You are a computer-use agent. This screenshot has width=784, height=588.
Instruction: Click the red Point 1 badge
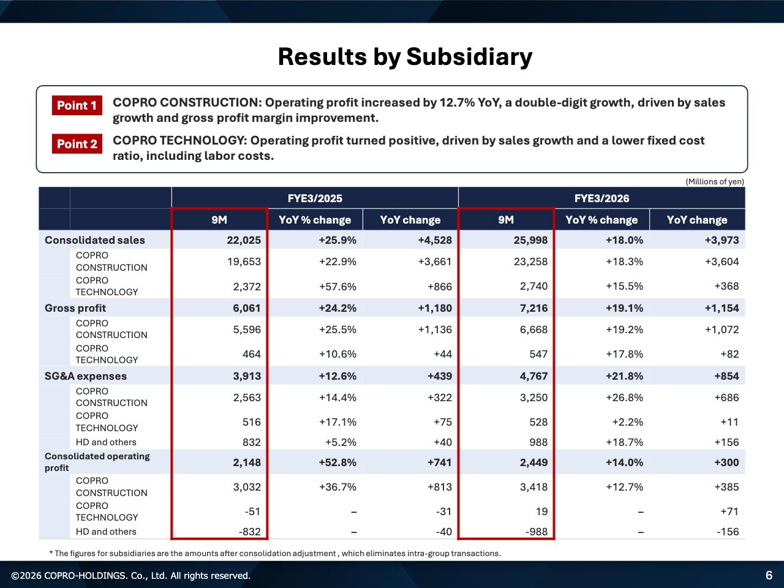[77, 105]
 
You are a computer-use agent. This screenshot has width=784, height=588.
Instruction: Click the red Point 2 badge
[77, 144]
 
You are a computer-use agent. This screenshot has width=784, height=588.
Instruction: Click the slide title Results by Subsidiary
[405, 56]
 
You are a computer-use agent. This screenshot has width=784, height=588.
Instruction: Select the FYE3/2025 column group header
[315, 198]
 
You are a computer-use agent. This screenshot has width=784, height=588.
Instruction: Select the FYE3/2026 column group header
[601, 198]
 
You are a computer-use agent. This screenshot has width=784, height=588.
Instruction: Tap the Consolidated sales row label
[95, 240]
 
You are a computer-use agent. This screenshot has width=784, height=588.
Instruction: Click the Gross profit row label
[75, 308]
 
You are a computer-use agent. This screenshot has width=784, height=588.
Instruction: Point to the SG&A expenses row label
[86, 376]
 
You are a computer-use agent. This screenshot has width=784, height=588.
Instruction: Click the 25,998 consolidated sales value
[530, 240]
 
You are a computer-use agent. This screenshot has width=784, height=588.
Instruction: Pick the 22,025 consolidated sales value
[244, 240]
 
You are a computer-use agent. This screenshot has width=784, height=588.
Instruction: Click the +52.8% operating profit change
[337, 462]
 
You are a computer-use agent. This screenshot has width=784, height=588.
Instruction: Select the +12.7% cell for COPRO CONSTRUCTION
[625, 487]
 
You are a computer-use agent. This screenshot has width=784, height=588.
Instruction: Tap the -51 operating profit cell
[252, 511]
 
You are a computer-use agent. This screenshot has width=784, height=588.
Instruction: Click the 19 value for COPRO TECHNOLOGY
[541, 511]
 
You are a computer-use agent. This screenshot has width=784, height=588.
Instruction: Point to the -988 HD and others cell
[537, 532]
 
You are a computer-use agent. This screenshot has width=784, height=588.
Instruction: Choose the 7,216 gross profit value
[534, 308]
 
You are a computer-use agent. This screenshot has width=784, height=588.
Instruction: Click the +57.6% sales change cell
[337, 286]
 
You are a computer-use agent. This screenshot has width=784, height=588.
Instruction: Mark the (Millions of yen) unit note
[715, 181]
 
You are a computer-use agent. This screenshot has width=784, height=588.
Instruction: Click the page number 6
[769, 575]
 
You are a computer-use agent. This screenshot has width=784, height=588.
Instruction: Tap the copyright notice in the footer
[131, 576]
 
